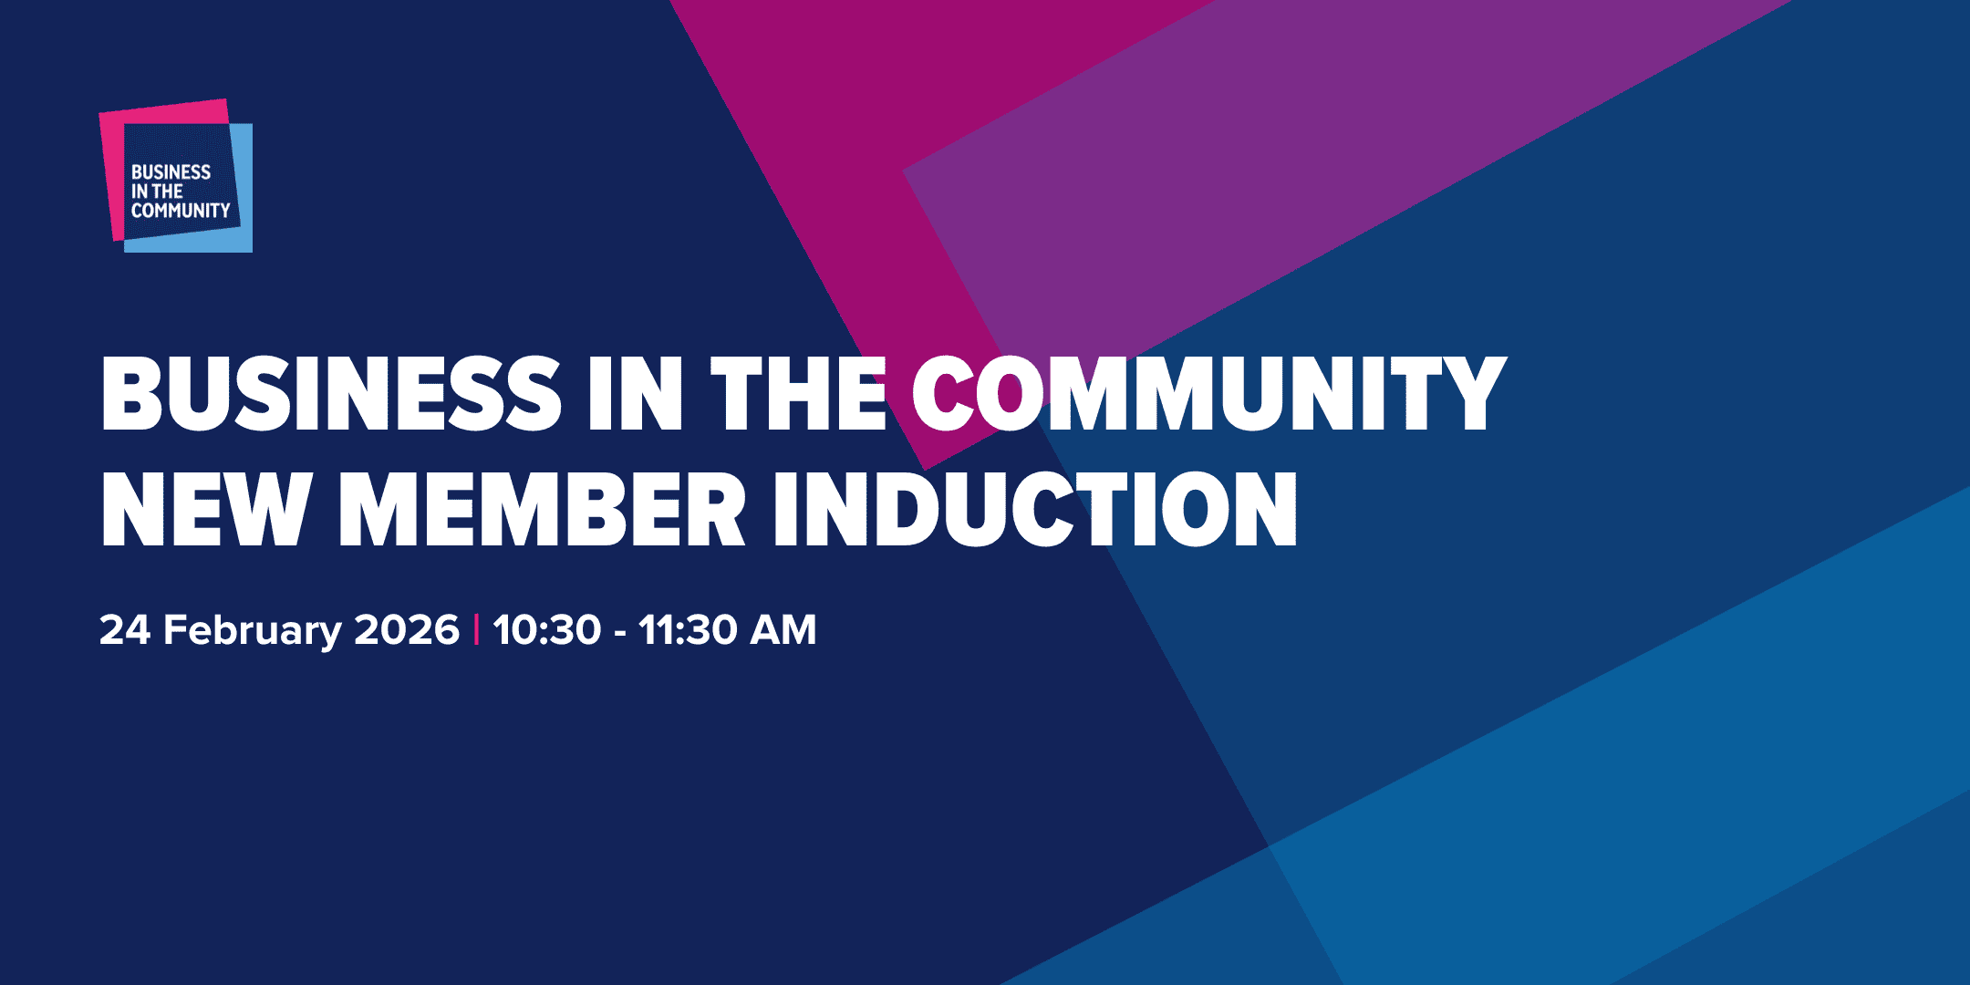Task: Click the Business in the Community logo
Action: point(175,175)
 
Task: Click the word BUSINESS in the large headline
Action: point(330,393)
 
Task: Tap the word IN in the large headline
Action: point(635,393)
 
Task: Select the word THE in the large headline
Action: point(799,393)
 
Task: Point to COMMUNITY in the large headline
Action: point(1208,393)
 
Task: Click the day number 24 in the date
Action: point(124,630)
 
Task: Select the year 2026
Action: point(407,630)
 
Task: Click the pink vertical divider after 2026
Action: point(476,630)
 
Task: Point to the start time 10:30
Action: point(547,630)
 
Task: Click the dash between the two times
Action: point(620,632)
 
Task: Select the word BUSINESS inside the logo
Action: point(171,172)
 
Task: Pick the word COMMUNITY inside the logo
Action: point(181,211)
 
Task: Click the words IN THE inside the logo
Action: point(157,192)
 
